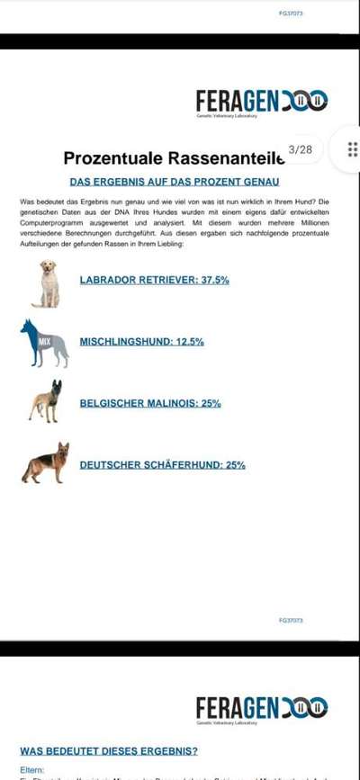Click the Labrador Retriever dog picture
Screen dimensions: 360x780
46,283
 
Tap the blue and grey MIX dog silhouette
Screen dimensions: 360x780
45,344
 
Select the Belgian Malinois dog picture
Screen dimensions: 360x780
46,402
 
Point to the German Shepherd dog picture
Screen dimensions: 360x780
46,463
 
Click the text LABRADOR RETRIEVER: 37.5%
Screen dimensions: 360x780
154,281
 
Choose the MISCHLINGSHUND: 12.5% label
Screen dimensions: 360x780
141,342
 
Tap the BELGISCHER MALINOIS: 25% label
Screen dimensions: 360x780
150,403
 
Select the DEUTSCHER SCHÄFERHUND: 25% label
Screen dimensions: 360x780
162,465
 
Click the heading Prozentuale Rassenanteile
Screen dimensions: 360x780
174,158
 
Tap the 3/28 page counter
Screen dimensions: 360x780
301,149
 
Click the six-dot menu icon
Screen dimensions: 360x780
352,149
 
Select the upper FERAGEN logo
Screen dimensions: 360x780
261,100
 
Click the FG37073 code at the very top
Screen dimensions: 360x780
291,14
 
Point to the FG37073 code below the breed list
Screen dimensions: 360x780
291,621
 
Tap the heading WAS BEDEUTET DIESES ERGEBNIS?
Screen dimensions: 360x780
109,750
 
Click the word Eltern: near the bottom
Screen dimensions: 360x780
32,770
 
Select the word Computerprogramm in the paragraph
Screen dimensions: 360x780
51,222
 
